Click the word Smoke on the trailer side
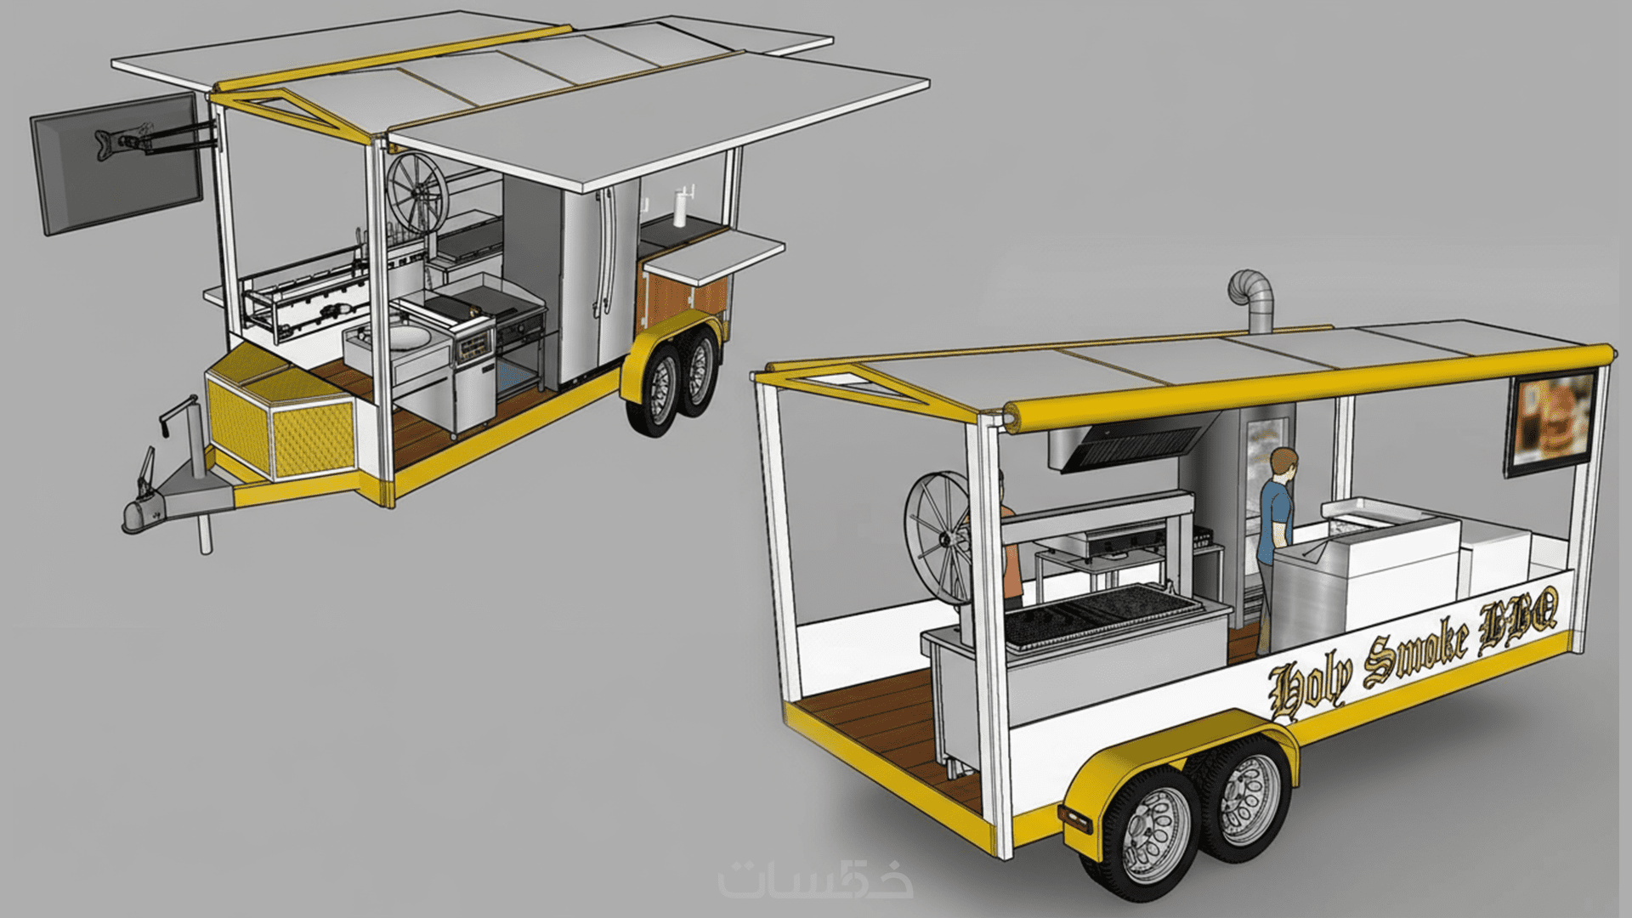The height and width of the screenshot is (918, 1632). click(x=1416, y=651)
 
